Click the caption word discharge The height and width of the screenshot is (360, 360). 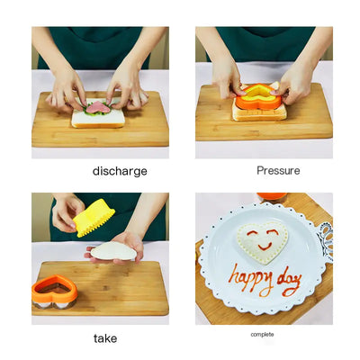click(x=119, y=171)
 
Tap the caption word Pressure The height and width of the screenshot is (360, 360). click(x=278, y=170)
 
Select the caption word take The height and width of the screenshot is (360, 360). click(x=104, y=338)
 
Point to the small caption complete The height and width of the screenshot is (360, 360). click(x=263, y=335)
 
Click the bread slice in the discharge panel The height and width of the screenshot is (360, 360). click(x=98, y=118)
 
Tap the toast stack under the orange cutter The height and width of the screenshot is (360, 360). click(x=259, y=111)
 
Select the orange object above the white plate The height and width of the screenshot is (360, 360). click(x=271, y=197)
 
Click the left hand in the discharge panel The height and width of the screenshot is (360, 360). click(x=68, y=89)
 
